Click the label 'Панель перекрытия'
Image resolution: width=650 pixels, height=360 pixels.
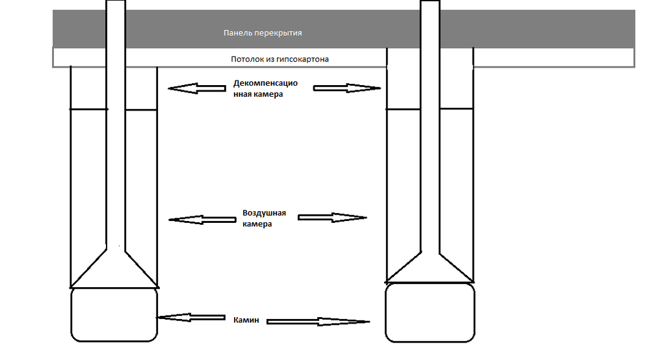[263, 32]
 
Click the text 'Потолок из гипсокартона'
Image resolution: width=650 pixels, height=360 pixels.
[279, 59]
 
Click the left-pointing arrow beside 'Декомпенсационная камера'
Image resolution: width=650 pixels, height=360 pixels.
[191, 88]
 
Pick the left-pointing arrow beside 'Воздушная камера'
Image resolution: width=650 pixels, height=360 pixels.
[201, 220]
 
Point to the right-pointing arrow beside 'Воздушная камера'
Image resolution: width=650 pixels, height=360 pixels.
[333, 218]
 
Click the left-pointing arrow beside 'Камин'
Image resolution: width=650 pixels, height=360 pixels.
[190, 317]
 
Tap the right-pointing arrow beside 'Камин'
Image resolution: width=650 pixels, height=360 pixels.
[318, 321]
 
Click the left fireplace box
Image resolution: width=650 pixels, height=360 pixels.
[114, 315]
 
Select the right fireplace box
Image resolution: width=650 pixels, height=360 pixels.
[430, 312]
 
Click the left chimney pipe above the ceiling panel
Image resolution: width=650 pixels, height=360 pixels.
[115, 23]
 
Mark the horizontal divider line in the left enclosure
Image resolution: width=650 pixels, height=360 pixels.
[87, 110]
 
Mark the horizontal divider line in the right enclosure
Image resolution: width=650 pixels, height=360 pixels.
[404, 108]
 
